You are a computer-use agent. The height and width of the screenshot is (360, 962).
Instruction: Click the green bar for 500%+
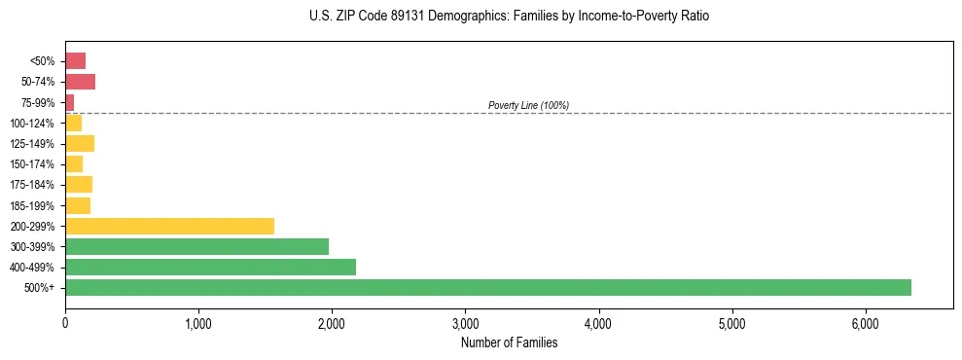pos(487,287)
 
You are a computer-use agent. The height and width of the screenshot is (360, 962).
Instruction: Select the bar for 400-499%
pos(210,267)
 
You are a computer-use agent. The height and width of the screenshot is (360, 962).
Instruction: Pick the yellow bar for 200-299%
pos(169,226)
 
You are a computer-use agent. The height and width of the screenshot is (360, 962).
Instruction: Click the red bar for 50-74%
pos(80,82)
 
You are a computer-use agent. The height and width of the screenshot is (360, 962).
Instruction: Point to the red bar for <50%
pos(75,60)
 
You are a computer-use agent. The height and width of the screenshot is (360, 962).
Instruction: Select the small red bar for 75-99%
pos(70,102)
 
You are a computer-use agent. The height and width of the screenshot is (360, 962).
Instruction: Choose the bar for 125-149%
pos(80,143)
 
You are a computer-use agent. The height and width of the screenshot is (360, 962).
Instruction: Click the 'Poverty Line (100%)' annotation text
pos(528,105)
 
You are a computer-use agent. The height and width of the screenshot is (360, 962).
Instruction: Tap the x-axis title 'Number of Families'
pos(509,342)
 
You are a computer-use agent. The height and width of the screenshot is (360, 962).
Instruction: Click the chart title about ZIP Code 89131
pos(510,17)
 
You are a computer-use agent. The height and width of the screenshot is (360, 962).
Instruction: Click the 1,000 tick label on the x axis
pos(198,323)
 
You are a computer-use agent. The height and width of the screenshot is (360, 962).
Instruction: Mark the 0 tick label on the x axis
pos(65,323)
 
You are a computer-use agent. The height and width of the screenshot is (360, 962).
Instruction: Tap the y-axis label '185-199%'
pos(32,205)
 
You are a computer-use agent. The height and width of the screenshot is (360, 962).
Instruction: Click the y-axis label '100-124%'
pos(32,123)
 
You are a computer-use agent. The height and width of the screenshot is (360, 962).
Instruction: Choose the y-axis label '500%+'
pos(39,288)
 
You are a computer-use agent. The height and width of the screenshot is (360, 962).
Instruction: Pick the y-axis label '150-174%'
pos(32,164)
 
